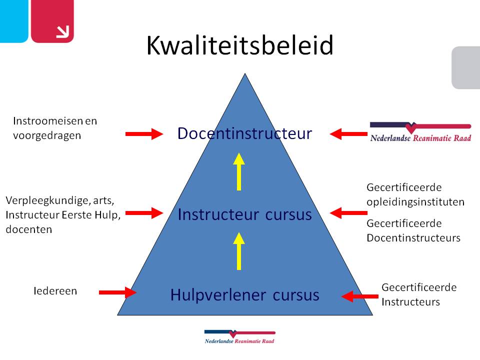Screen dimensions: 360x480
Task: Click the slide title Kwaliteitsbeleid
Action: click(240, 46)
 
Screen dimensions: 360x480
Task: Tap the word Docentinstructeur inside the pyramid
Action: click(244, 133)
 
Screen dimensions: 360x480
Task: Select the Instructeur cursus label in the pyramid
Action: click(244, 214)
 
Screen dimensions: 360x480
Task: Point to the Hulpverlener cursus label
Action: click(244, 295)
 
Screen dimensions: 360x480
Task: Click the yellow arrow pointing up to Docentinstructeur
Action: click(239, 171)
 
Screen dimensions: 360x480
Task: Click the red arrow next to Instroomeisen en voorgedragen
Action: click(144, 133)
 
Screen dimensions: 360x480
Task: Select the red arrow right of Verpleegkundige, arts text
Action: click(144, 213)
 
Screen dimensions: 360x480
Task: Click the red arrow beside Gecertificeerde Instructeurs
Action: click(359, 296)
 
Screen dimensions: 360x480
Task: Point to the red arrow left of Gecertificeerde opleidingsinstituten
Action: click(348, 213)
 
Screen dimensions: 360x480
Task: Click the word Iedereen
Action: click(55, 291)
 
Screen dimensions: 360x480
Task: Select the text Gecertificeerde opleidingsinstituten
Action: click(415, 195)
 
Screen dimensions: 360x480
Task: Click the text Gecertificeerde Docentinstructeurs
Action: click(413, 230)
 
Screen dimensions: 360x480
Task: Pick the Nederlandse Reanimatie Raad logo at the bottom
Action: click(240, 336)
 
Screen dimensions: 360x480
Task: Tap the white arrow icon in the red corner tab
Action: click(62, 32)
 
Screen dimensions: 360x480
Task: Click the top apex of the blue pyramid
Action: click(245, 75)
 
